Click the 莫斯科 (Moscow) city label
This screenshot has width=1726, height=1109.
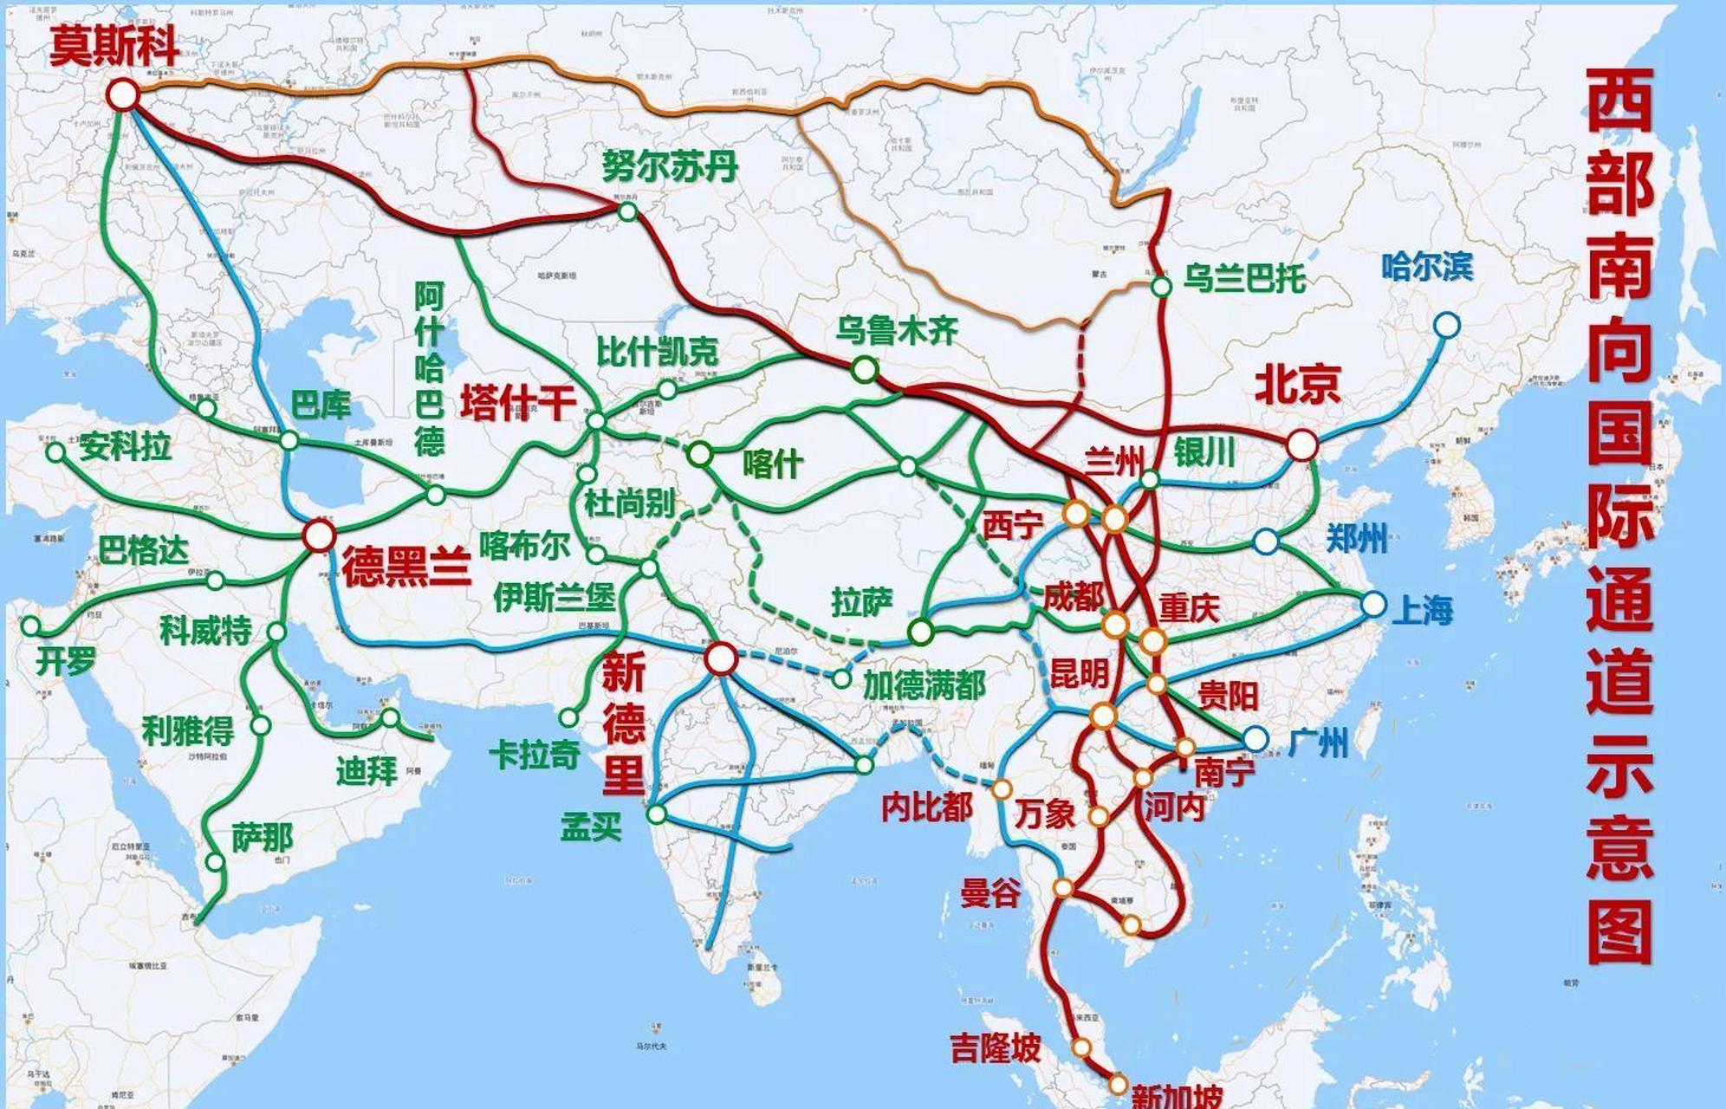pyautogui.click(x=114, y=45)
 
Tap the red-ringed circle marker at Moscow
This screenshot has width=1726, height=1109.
pyautogui.click(x=123, y=94)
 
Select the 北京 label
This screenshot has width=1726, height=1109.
pyautogui.click(x=1297, y=384)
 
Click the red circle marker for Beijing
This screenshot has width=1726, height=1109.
pyautogui.click(x=1301, y=445)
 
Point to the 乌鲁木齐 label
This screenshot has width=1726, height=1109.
pyautogui.click(x=897, y=330)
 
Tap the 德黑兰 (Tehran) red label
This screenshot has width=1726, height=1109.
pyautogui.click(x=406, y=567)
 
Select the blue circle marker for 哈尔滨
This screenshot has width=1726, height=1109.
pyautogui.click(x=1446, y=326)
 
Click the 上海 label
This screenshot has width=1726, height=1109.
pyautogui.click(x=1422, y=610)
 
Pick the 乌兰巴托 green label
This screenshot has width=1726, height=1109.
pyautogui.click(x=1244, y=279)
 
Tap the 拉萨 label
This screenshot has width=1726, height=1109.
pyautogui.click(x=861, y=601)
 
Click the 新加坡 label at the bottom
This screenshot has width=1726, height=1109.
pyautogui.click(x=1177, y=1096)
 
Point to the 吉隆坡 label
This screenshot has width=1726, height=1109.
pyautogui.click(x=995, y=1048)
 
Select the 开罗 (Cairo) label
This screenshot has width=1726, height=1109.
pyautogui.click(x=65, y=662)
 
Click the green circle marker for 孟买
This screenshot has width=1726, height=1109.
pyautogui.click(x=657, y=814)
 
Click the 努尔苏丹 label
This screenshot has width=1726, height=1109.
pyautogui.click(x=669, y=165)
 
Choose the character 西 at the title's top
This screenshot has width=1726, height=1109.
pyautogui.click(x=1619, y=101)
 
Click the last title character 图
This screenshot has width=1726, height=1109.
pyautogui.click(x=1619, y=931)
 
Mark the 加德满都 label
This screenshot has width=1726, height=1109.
pyautogui.click(x=924, y=685)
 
